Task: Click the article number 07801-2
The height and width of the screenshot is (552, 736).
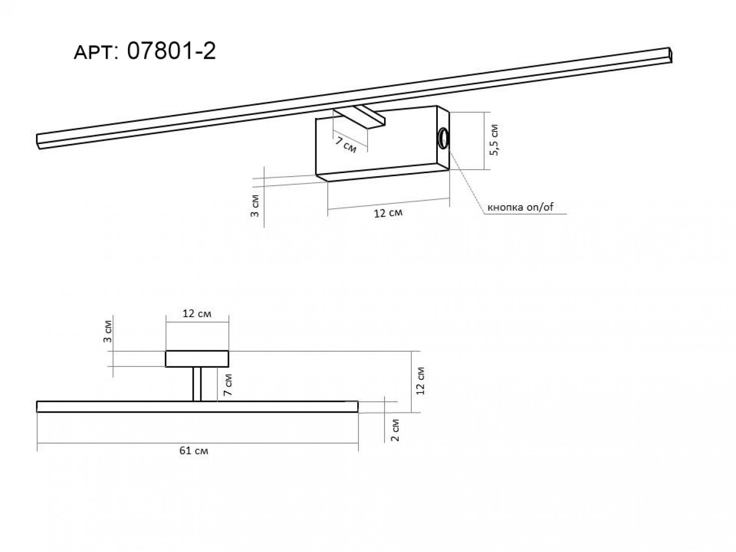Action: [x=171, y=51]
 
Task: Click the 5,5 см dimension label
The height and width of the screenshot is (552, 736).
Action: [x=494, y=140]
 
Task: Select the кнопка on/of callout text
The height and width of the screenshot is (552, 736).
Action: [x=520, y=207]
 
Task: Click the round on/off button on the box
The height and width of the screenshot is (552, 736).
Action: [x=443, y=137]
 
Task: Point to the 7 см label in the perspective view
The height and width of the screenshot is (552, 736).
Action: [x=346, y=145]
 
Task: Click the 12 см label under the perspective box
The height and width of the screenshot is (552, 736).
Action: [x=388, y=212]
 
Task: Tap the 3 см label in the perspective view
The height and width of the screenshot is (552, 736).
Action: [x=255, y=205]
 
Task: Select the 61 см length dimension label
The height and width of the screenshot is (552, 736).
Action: [x=194, y=451]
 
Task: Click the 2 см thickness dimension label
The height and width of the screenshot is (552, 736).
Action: [x=395, y=430]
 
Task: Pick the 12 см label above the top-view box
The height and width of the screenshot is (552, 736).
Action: [x=197, y=314]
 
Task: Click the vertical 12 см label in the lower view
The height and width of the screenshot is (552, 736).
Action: [x=420, y=381]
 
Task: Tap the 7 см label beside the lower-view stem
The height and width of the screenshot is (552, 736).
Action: [x=228, y=384]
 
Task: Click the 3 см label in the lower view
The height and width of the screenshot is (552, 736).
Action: [x=107, y=331]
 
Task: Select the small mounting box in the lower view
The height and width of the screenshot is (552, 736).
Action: [x=197, y=359]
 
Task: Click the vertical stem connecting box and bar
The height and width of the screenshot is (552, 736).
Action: [x=197, y=384]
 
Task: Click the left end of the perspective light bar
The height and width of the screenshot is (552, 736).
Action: [x=38, y=142]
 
